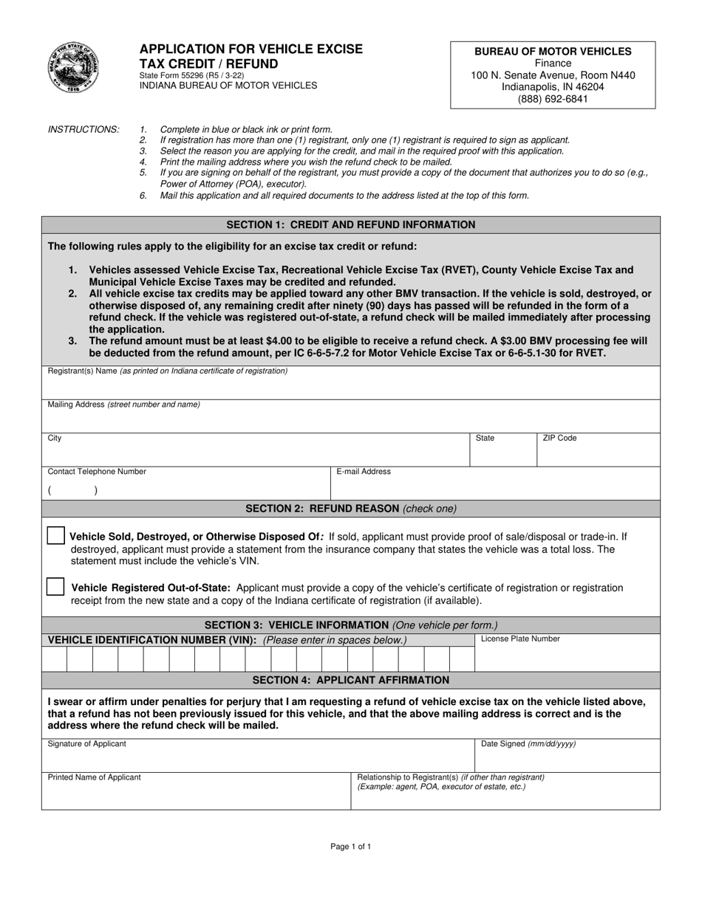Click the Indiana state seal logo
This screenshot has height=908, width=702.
[x=71, y=67]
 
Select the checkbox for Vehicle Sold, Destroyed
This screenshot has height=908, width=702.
[x=55, y=536]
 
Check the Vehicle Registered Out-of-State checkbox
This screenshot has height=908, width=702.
[x=55, y=587]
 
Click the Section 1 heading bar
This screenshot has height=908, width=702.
[x=351, y=224]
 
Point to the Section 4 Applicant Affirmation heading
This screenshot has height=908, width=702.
[x=351, y=680]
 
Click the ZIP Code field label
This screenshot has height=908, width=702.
[x=559, y=438]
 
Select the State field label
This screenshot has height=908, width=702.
[x=485, y=438]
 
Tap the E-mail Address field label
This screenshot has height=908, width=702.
[x=364, y=472]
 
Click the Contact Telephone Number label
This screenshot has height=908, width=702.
[x=97, y=472]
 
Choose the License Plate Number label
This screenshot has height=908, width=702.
[x=520, y=639]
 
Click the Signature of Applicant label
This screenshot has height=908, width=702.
[x=86, y=744]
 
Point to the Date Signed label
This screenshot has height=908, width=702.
[x=528, y=744]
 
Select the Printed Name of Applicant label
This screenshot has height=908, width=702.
[x=94, y=777]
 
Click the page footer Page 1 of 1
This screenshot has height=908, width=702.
[x=351, y=847]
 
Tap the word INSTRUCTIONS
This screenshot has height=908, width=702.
[x=84, y=129]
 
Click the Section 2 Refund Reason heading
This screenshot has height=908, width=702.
[x=351, y=509]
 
